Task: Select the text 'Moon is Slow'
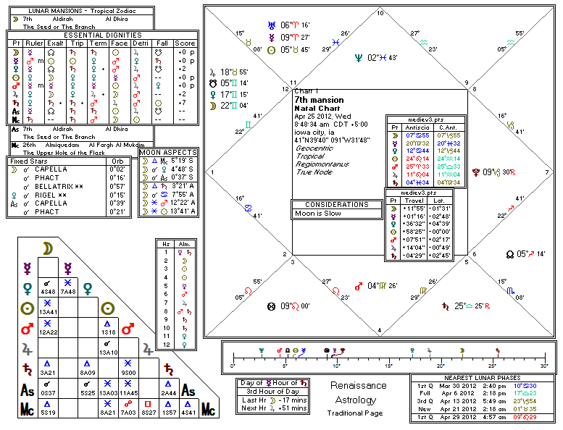point(316,214)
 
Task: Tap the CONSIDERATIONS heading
point(336,205)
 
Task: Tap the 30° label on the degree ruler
point(543,366)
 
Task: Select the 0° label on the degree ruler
point(233,366)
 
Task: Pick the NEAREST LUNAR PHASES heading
point(483,378)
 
